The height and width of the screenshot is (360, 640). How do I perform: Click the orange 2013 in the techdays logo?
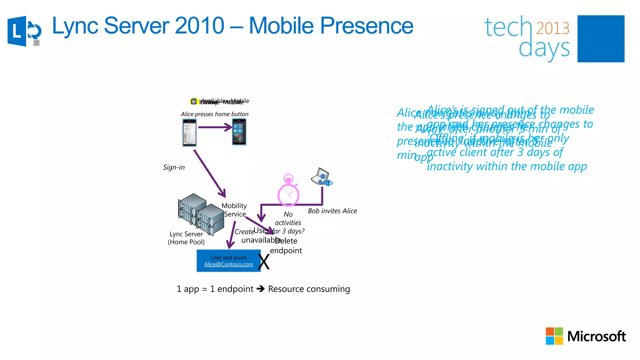point(552,28)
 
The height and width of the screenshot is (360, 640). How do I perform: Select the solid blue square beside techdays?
point(601,39)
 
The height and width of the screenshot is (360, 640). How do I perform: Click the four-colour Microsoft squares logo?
point(554,336)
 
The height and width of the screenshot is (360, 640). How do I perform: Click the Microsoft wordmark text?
point(596,337)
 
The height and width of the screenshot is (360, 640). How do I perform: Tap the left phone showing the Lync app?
point(189,132)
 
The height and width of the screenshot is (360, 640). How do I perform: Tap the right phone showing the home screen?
point(239,132)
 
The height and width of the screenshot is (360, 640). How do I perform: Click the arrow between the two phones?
point(215,127)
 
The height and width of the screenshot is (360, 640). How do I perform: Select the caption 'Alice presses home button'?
point(214,114)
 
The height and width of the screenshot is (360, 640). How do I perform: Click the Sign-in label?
point(174,167)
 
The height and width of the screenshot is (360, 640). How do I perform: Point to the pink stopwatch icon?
point(288,191)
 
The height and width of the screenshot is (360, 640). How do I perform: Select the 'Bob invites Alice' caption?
point(332,211)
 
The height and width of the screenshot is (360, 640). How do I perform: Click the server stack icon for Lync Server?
point(201,213)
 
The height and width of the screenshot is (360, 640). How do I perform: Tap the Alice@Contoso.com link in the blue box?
point(228,264)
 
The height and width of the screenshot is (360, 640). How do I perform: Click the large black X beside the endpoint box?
point(264,262)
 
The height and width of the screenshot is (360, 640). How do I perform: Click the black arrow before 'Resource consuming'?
point(261,289)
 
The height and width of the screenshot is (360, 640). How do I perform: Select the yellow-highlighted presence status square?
point(194,102)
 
